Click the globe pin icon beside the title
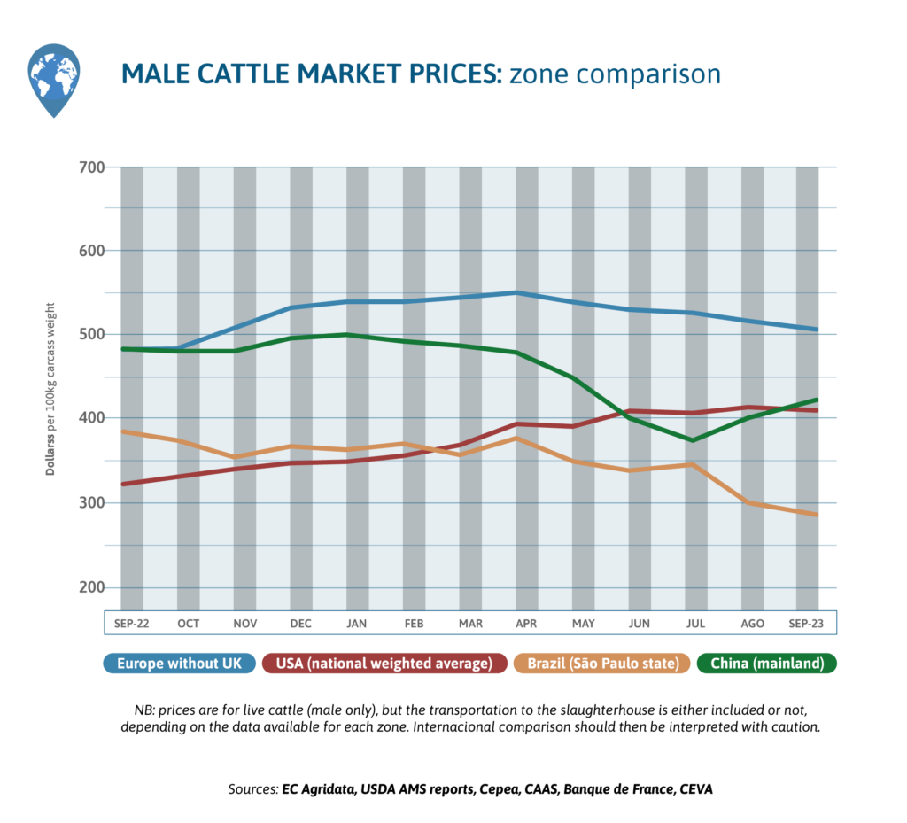point(54,80)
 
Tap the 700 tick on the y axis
point(91,167)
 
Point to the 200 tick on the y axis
point(91,588)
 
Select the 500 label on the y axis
point(91,335)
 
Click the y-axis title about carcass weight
point(52,388)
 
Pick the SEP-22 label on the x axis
point(131,624)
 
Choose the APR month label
point(526,624)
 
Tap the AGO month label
point(752,624)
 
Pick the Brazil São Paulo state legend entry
point(602,664)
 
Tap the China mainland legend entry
point(767,664)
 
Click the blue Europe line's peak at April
point(516,292)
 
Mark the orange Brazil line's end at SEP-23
point(816,515)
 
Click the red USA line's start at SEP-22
point(122,484)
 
